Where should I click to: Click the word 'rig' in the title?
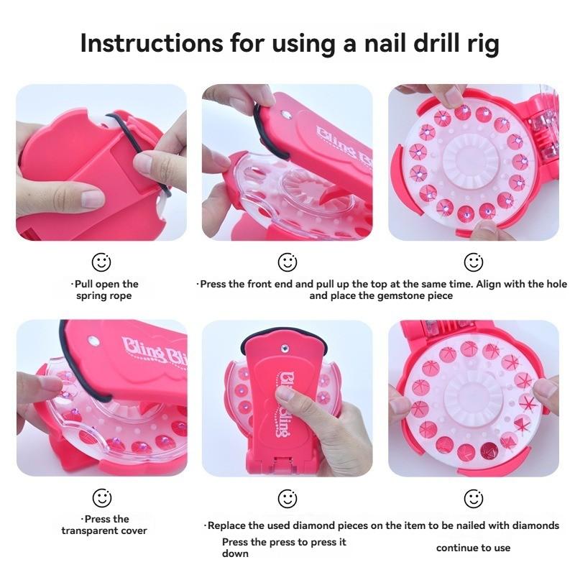pyautogui.click(x=481, y=43)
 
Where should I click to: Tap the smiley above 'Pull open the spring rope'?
pyautogui.click(x=101, y=262)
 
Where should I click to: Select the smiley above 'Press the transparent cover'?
pyautogui.click(x=101, y=497)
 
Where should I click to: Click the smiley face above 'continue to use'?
pyautogui.click(x=473, y=497)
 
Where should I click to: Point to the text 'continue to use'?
pyautogui.click(x=473, y=548)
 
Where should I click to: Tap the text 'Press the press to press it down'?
pyautogui.click(x=283, y=548)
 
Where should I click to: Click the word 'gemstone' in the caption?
pyautogui.click(x=402, y=295)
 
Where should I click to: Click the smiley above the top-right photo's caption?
pyautogui.click(x=473, y=262)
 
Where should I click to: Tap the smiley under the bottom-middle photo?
pyautogui.click(x=287, y=497)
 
